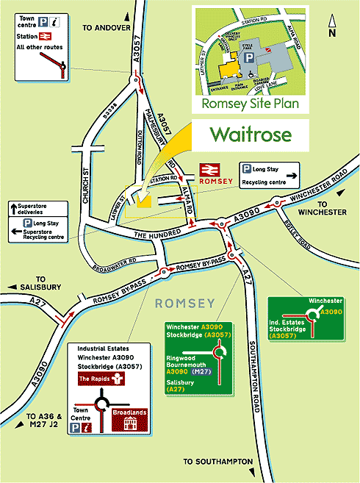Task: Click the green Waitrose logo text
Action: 251,135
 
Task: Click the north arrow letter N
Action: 333,33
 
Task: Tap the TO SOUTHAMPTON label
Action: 218,462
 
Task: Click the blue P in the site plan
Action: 251,57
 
